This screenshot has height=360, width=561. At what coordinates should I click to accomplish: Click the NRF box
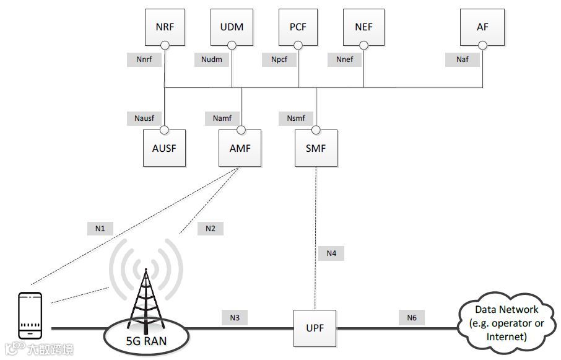tap(165, 27)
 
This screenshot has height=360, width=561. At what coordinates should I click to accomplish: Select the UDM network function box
tap(232, 27)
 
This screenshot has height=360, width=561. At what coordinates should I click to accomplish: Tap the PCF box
tap(298, 27)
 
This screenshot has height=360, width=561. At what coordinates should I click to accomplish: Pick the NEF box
tap(363, 27)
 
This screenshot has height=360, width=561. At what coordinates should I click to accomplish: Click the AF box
tap(482, 27)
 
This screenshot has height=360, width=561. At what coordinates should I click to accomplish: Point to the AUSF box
tap(164, 149)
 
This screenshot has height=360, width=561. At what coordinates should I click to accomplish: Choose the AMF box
tap(240, 149)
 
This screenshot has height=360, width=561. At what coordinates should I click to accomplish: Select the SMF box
tap(315, 149)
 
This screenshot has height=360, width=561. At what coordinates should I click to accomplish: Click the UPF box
tap(316, 328)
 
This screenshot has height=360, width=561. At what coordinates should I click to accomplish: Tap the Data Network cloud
tap(506, 323)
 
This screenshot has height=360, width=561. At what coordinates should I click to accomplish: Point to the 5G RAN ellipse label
tap(146, 340)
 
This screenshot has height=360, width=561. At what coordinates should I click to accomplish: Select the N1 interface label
tap(100, 229)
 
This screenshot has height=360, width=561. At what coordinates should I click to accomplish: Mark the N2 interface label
tap(211, 229)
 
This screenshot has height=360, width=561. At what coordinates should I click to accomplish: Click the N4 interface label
tap(331, 253)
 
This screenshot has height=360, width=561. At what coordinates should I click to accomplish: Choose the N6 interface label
tap(412, 318)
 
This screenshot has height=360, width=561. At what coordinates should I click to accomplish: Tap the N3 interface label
tap(235, 318)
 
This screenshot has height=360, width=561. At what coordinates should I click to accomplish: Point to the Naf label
tap(462, 59)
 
